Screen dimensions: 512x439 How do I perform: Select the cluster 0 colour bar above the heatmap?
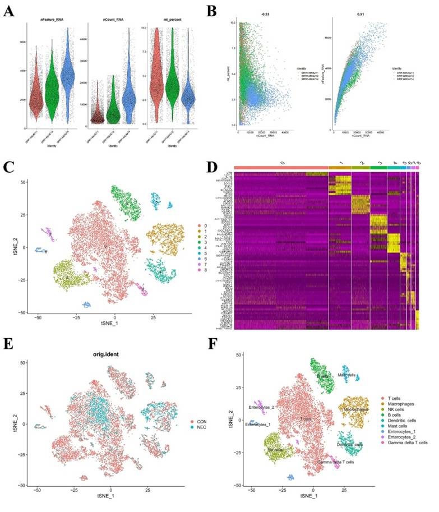point(281,168)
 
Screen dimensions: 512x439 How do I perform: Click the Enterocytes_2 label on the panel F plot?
point(264,407)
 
